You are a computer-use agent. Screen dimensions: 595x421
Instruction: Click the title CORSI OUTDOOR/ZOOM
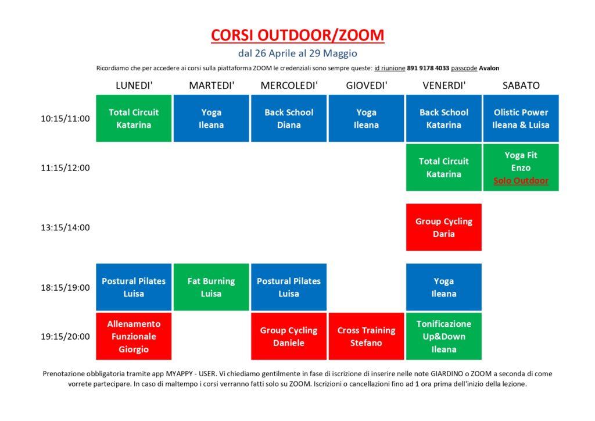[297, 35]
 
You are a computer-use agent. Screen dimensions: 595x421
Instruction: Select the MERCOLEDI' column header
[289, 85]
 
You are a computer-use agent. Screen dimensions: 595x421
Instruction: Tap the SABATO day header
[521, 85]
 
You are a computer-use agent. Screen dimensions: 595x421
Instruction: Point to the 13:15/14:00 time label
[65, 227]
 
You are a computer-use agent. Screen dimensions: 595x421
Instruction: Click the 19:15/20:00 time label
[65, 336]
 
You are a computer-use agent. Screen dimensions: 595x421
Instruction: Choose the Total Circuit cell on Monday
[134, 119]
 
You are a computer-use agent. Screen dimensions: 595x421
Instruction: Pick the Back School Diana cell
[289, 119]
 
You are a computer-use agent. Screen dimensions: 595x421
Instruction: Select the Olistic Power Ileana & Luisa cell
[521, 119]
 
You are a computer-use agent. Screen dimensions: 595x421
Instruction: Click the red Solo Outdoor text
[521, 181]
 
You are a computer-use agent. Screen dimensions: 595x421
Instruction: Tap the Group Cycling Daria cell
[443, 227]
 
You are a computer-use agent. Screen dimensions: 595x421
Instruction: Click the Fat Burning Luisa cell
[211, 287]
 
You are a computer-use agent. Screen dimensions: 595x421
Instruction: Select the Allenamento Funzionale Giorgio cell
[134, 336]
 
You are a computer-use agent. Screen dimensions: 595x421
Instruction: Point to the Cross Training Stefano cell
[366, 336]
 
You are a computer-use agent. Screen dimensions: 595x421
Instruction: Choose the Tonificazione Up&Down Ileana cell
[443, 336]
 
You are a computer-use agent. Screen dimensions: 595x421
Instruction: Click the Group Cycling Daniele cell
[289, 336]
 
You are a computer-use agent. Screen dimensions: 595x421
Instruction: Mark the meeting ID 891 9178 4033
[428, 69]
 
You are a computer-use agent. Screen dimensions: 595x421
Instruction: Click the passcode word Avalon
[489, 69]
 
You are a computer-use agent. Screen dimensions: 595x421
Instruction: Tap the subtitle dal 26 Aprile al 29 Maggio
[297, 53]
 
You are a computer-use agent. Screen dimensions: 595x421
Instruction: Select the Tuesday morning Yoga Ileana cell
[211, 119]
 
